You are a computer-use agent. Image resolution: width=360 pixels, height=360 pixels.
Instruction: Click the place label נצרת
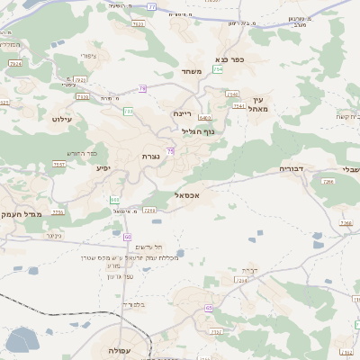(x=151, y=157)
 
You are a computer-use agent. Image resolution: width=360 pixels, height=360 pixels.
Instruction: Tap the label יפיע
(x=102, y=168)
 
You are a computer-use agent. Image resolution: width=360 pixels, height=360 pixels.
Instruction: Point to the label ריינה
(x=183, y=113)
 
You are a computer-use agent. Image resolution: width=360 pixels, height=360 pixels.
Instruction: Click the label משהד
(x=189, y=71)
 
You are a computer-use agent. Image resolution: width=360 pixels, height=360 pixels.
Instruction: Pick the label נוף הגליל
(x=197, y=131)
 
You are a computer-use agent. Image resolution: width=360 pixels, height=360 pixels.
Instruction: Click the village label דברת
(x=250, y=270)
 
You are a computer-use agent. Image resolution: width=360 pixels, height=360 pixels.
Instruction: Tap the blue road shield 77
(x=151, y=6)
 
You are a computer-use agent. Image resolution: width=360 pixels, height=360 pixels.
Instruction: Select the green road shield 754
(x=218, y=68)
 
